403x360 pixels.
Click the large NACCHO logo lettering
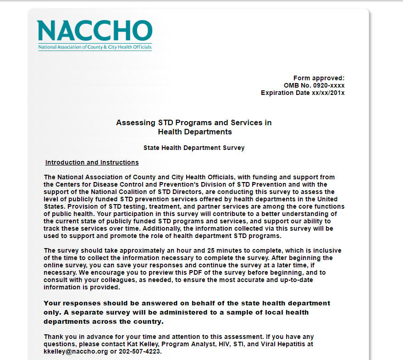pyautogui.click(x=94, y=31)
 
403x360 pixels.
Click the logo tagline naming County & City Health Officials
pyautogui.click(x=94, y=47)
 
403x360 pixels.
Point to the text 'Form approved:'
pyautogui.click(x=319, y=78)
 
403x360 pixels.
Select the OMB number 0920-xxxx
pyautogui.click(x=327, y=86)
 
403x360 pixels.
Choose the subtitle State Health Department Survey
pyautogui.click(x=194, y=148)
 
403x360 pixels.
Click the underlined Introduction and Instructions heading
pyautogui.click(x=92, y=162)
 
